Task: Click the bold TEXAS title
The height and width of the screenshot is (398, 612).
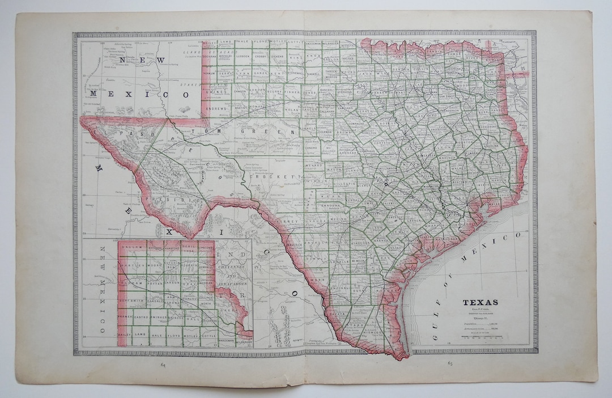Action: click(x=480, y=302)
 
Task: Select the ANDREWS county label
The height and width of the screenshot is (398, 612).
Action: click(x=217, y=108)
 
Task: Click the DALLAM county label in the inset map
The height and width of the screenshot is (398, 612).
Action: click(x=130, y=248)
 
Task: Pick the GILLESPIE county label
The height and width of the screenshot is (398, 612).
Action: click(x=342, y=184)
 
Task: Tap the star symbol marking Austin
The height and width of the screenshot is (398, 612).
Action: click(x=386, y=183)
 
